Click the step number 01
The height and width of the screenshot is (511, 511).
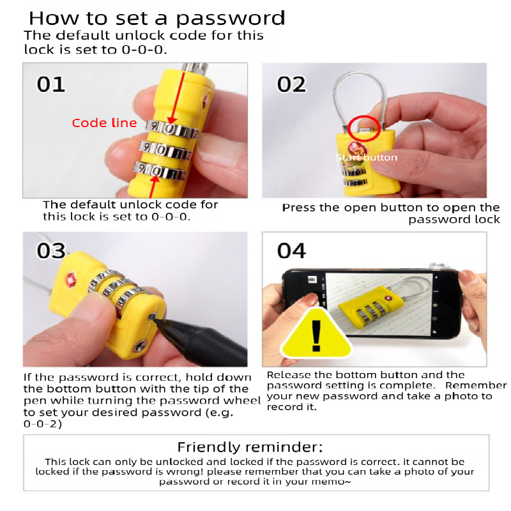[50, 84]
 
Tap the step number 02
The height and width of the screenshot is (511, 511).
[291, 84]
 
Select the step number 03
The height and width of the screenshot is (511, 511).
[51, 250]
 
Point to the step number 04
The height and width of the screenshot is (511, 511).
[291, 250]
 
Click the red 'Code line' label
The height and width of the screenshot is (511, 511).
[104, 123]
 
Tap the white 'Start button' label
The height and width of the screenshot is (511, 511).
[367, 157]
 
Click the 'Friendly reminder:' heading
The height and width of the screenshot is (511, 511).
[250, 446]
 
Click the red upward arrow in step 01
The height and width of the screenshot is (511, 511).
[153, 185]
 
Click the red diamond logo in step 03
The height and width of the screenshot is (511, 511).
[70, 279]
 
